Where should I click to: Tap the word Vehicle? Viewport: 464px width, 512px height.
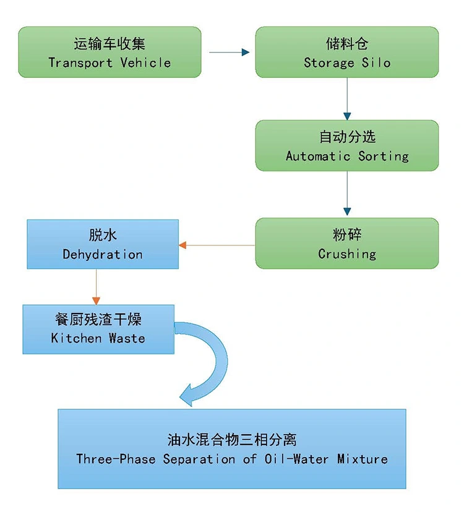(x=145, y=62)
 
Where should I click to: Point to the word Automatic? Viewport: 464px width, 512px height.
(x=319, y=156)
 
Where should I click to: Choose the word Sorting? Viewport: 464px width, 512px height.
(x=384, y=156)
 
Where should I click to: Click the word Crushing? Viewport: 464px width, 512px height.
(x=347, y=254)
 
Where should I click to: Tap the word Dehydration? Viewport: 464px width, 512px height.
(x=103, y=254)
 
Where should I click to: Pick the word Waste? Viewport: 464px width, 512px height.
(x=127, y=338)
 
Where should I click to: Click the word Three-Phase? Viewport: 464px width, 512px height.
(x=116, y=459)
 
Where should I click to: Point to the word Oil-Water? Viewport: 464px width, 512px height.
(x=292, y=459)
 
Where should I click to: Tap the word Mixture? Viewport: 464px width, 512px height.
(x=363, y=459)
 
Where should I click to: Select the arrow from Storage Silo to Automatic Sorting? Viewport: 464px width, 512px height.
(x=347, y=99)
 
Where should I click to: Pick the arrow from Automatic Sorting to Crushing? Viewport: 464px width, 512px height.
(x=347, y=194)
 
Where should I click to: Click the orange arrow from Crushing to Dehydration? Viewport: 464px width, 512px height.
(x=217, y=245)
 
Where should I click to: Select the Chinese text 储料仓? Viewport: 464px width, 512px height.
(x=347, y=44)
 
